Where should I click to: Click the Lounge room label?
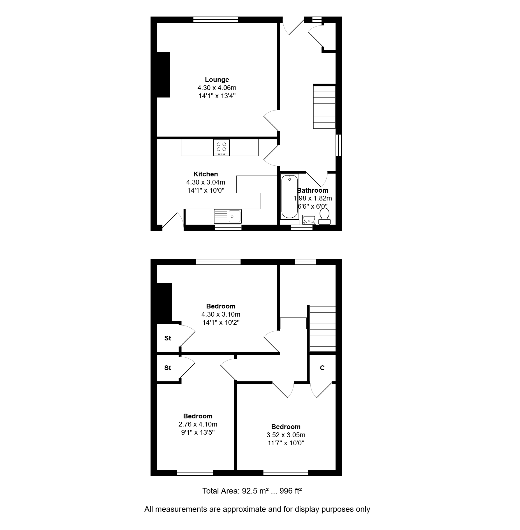coord(217,80)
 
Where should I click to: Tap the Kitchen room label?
coord(205,174)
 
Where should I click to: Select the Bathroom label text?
coord(313,190)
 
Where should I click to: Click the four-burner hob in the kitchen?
coord(221,148)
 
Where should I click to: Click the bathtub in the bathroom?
coord(290,196)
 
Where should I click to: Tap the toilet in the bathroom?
coord(324,216)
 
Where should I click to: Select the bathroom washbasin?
coord(309,220)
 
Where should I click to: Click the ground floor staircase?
coord(324,107)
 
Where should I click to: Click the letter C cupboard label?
coord(322,368)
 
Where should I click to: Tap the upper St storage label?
coord(168,338)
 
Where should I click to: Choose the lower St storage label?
coord(168,368)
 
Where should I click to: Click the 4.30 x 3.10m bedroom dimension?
coord(221,314)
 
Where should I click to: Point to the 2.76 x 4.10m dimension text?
coord(198,424)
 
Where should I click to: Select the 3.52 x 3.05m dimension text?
coord(286,435)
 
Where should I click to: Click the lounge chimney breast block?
coord(163,75)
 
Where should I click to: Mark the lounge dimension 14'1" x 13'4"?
coord(217,96)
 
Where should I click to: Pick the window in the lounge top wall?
coord(216,19)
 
